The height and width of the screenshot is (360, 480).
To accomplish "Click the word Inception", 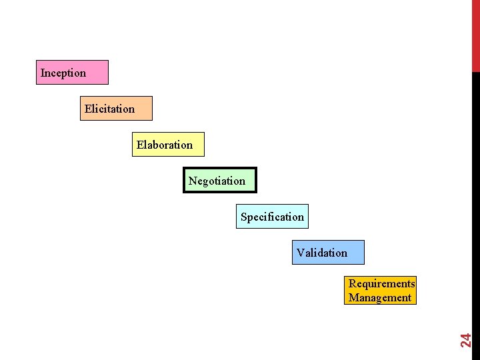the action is coord(63,73).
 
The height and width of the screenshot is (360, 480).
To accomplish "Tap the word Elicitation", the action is coord(109,109).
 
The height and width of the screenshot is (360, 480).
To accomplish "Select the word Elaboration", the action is coord(165,145).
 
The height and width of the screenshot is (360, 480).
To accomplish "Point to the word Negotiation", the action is coord(217,181).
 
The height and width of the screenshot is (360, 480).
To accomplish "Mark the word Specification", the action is coord(272,217).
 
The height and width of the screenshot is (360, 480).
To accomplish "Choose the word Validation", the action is coord(322,253).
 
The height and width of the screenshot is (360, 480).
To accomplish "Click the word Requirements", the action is coord(381,283).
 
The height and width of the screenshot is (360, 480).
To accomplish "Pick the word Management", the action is coord(380,297).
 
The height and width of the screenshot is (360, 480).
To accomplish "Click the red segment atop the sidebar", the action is coord(475,33).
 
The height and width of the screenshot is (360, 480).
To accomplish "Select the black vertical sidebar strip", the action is coord(475,200).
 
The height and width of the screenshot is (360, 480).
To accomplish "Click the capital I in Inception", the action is coord(43,73).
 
